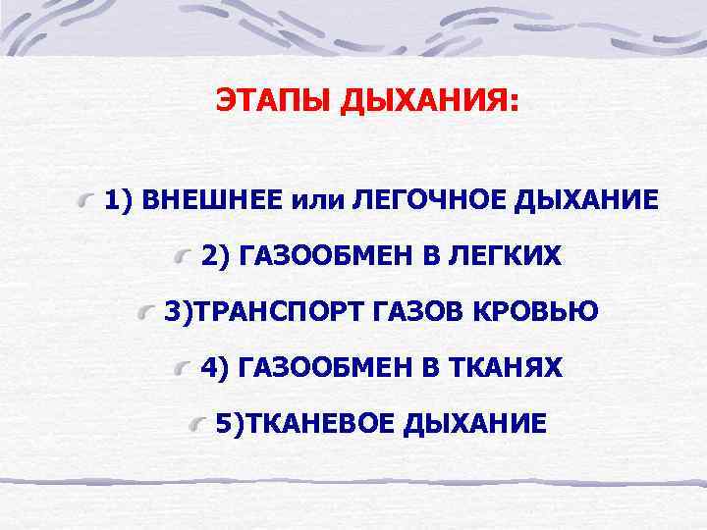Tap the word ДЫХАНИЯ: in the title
click(x=427, y=102)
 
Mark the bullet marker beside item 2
click(x=184, y=257)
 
